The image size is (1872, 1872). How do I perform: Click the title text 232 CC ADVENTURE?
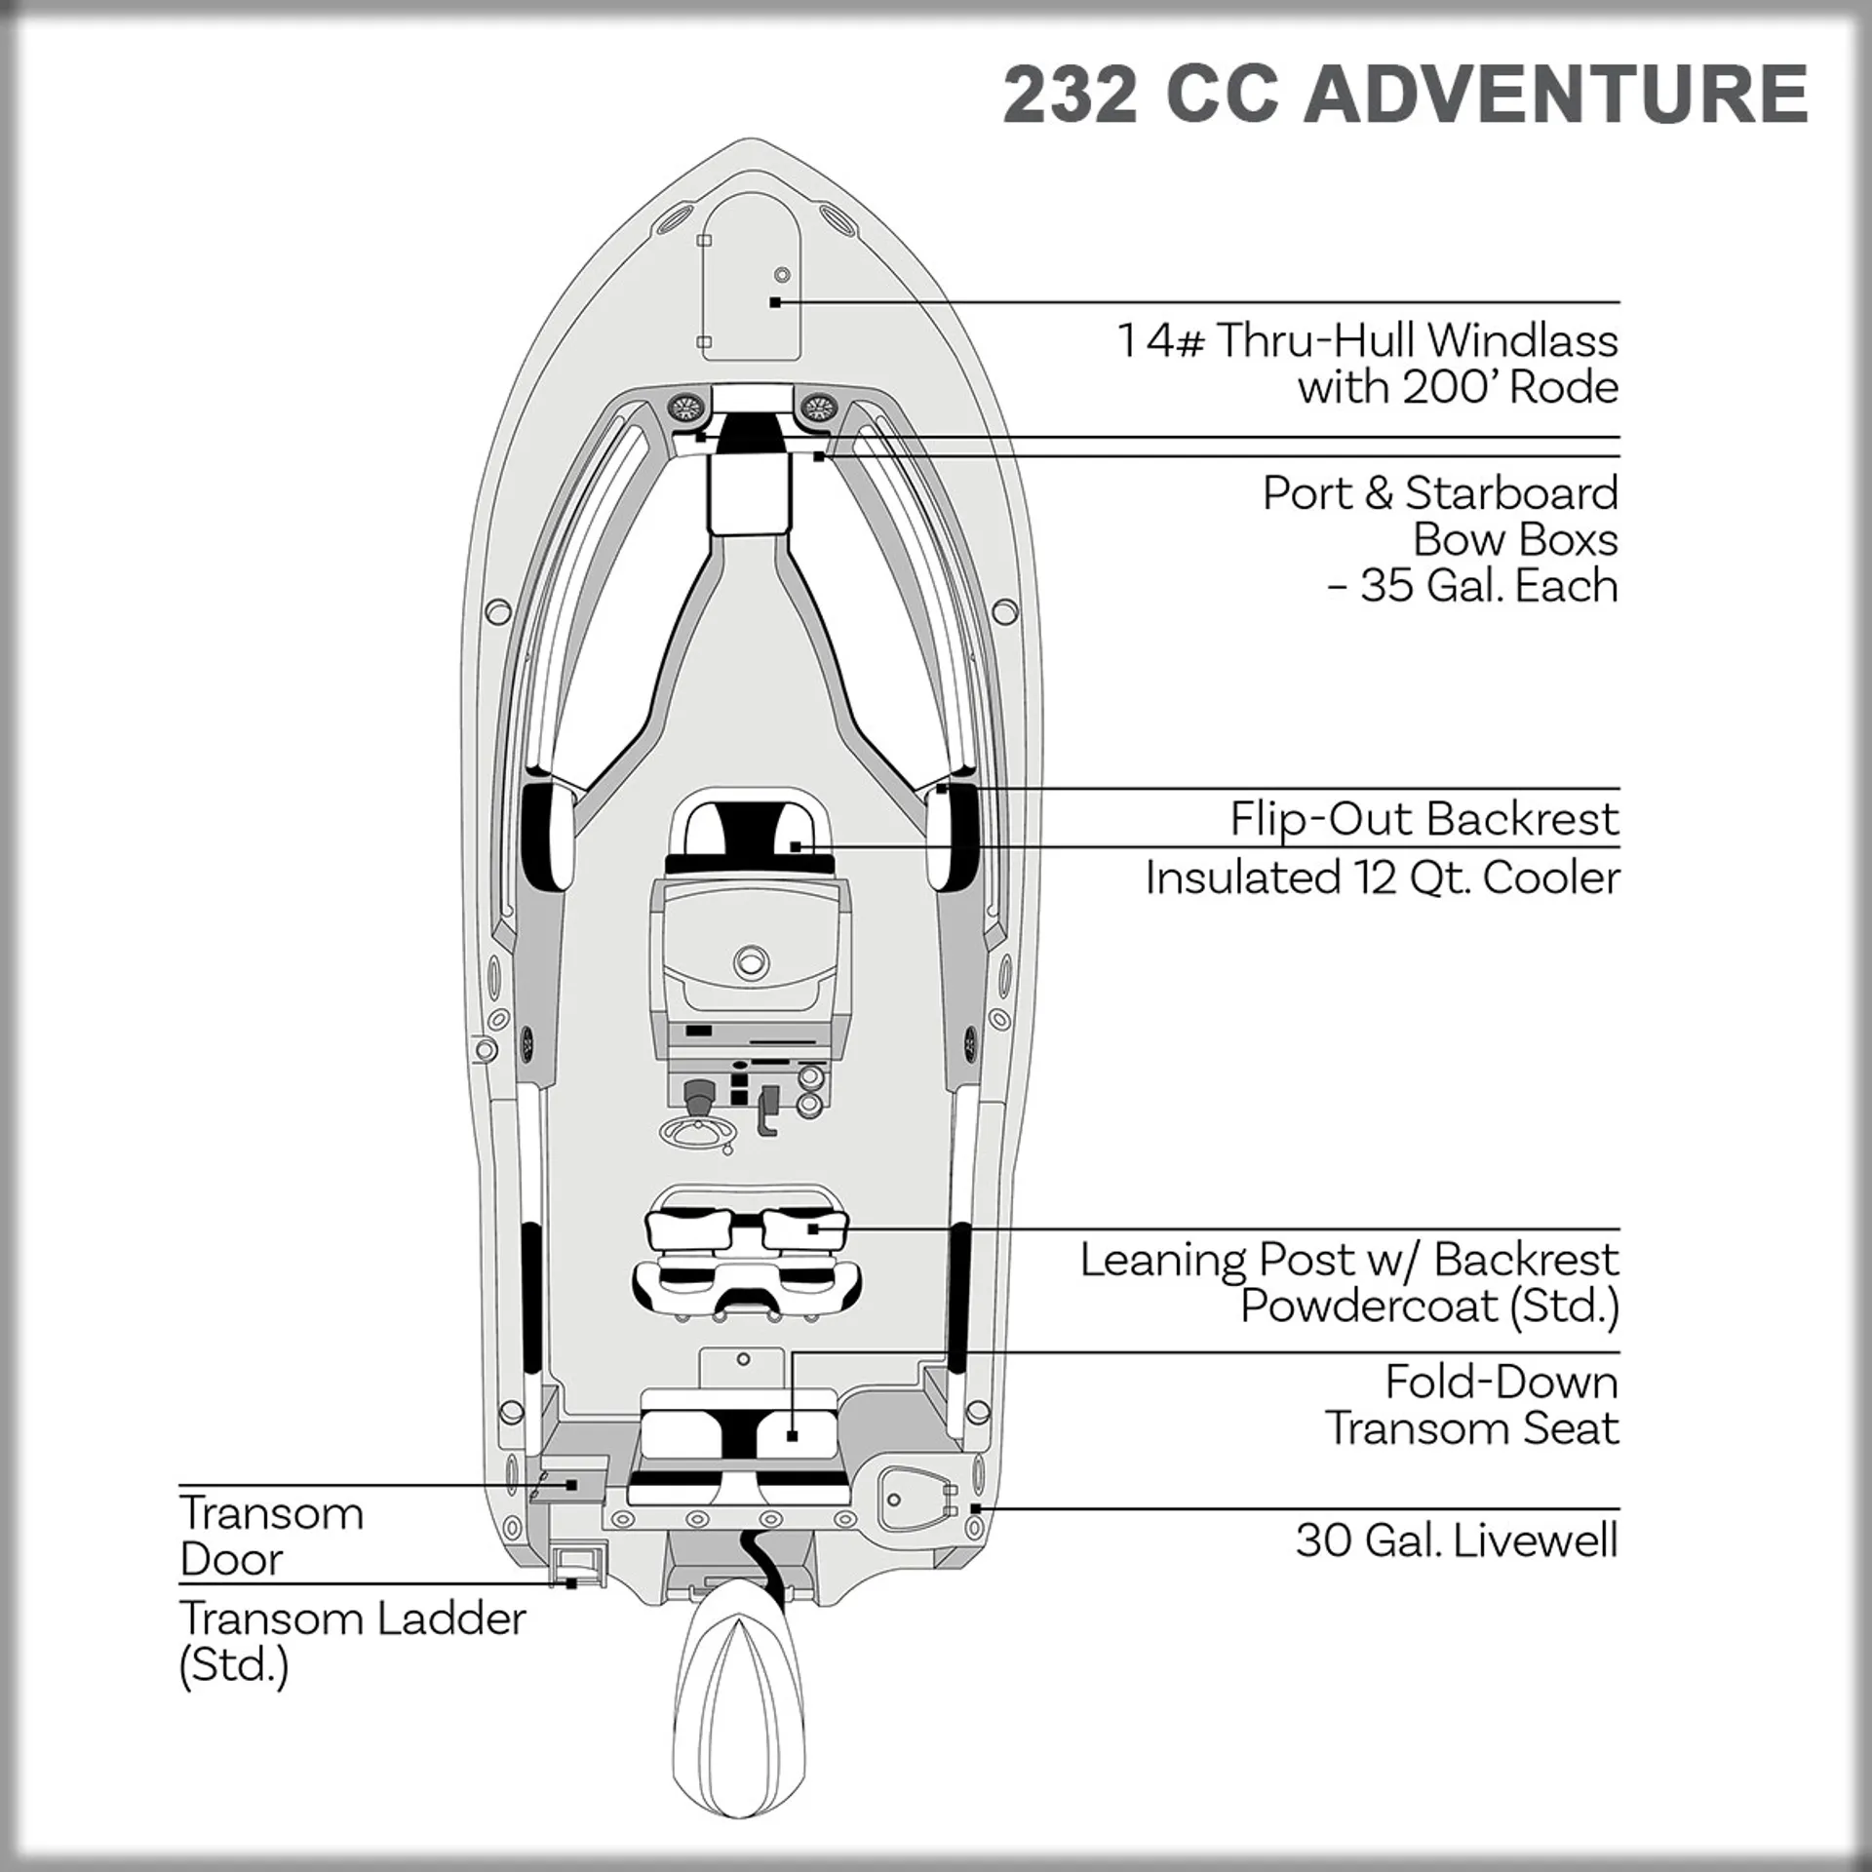[1405, 95]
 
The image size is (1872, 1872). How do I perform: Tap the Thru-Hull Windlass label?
[1367, 364]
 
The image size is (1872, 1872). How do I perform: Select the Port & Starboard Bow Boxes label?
[1440, 539]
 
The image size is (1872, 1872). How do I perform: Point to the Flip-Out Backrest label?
[1423, 819]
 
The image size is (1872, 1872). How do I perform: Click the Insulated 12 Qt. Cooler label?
[1382, 877]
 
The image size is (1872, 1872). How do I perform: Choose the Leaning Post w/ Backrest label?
[1349, 1282]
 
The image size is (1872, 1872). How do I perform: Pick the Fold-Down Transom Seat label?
[1471, 1405]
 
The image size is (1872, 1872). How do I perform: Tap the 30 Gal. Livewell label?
[1456, 1540]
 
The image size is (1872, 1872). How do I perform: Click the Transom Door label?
[271, 1536]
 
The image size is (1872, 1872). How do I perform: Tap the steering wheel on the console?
[698, 1131]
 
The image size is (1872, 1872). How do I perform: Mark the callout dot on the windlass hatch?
[775, 302]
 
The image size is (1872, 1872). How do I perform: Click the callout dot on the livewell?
[975, 1509]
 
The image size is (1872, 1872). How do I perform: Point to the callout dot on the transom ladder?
[571, 1584]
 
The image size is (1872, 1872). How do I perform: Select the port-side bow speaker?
[685, 406]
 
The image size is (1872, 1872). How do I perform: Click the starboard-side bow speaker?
[817, 406]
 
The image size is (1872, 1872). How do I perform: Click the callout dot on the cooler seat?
[796, 846]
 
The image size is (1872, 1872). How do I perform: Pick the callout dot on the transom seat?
[792, 1435]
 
